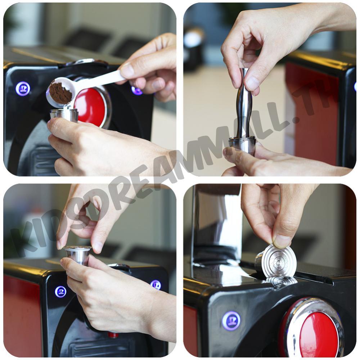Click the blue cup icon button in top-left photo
point(23,89)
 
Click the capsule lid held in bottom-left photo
point(78,249)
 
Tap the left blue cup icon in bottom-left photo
point(60,292)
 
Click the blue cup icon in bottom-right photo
point(231,320)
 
